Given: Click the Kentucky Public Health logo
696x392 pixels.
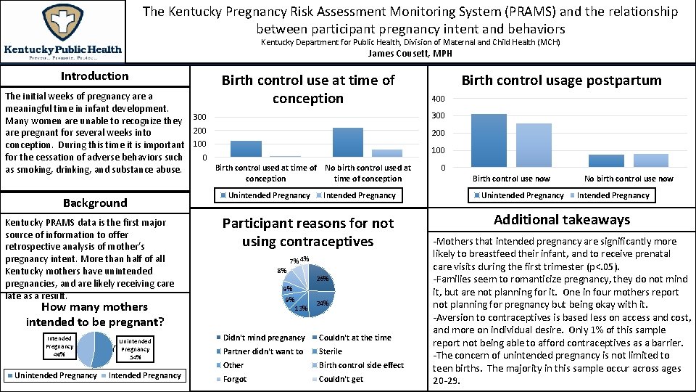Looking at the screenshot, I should click(x=64, y=33).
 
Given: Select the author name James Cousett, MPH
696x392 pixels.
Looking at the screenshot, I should click(x=410, y=54).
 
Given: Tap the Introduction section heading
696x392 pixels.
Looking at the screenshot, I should click(x=94, y=76).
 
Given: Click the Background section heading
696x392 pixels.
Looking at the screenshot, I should click(x=94, y=203).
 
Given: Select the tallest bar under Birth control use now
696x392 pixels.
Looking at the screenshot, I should click(x=489, y=140).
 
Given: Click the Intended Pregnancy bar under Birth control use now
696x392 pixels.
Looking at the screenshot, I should click(x=534, y=145).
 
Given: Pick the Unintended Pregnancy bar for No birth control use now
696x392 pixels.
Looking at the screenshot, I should click(x=606, y=160).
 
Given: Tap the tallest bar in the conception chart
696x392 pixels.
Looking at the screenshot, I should click(x=348, y=142).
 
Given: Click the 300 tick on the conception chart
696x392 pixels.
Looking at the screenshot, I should click(x=199, y=117).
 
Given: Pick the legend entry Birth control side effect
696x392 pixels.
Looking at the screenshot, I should click(x=361, y=365).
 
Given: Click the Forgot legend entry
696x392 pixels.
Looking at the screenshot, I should click(x=235, y=379).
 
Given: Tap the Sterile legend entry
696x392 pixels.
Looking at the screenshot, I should click(x=331, y=351).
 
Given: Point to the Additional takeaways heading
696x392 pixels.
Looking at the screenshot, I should click(x=562, y=220).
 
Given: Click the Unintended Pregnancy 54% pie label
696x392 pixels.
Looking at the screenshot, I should click(x=135, y=349).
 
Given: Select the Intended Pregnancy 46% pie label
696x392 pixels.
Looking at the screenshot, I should click(x=59, y=346).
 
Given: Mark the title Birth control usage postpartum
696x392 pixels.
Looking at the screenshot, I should click(x=562, y=81).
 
